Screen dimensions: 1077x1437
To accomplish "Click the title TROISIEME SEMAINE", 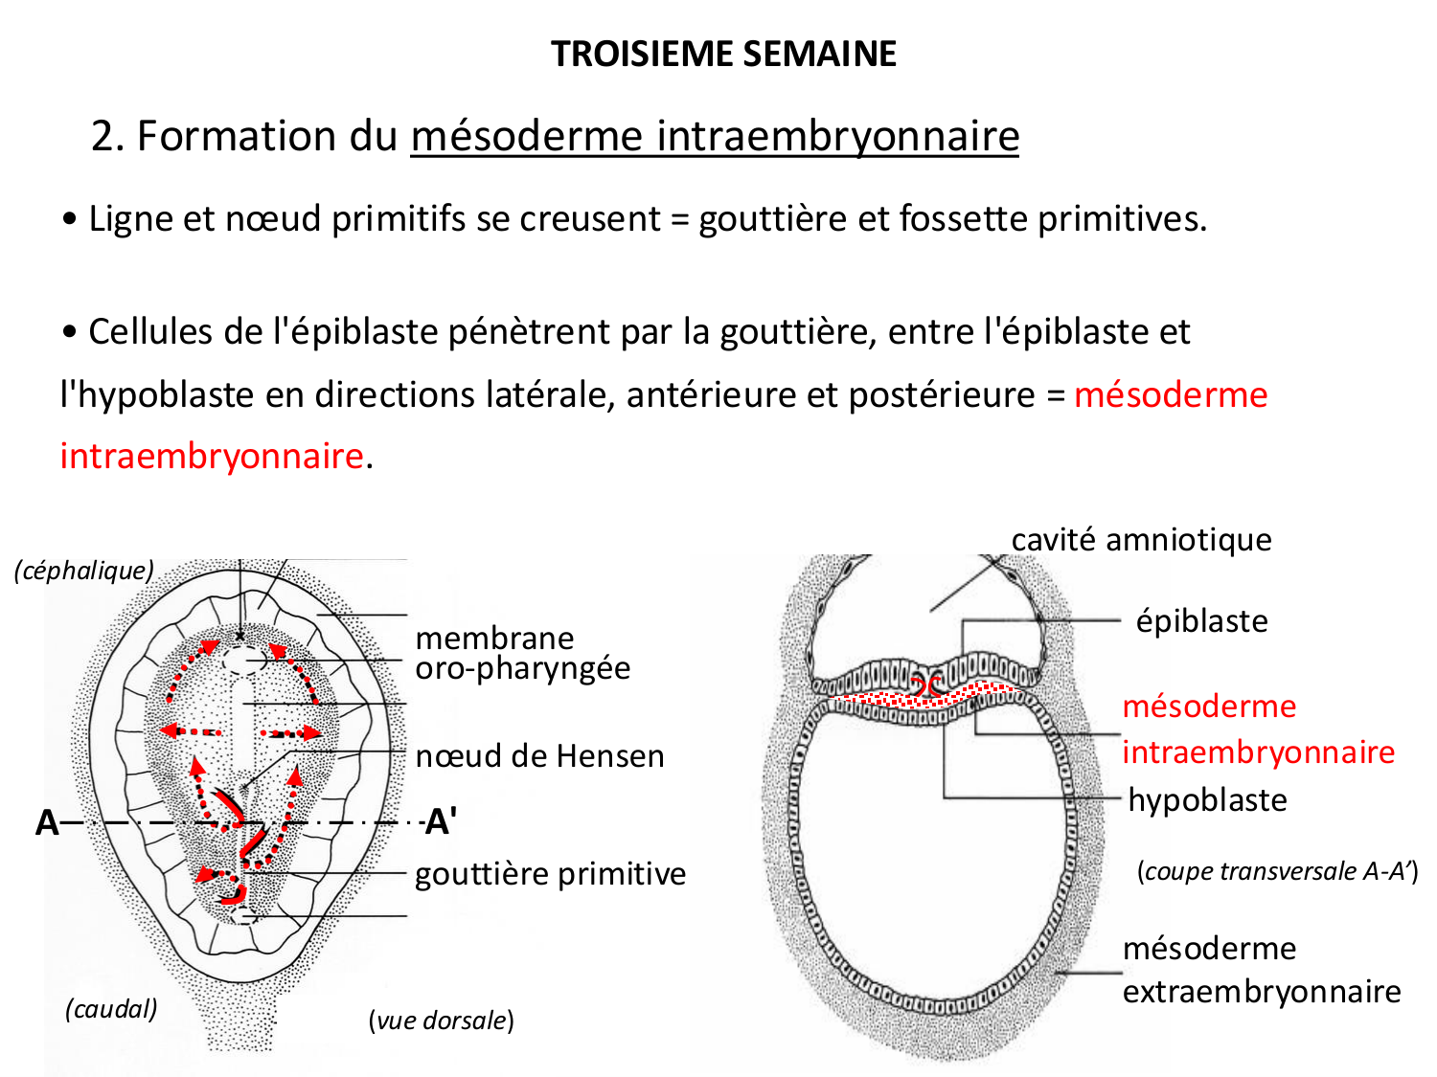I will pos(723,54).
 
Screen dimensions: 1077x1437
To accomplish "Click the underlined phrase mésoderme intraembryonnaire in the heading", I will pos(715,136).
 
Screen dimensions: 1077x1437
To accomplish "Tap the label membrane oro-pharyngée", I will pos(522,653).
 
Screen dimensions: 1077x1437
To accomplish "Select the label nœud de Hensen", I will pos(539,756).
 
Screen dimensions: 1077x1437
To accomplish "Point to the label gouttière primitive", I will pos(550,874).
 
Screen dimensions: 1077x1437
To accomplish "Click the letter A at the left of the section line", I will pos(47,822).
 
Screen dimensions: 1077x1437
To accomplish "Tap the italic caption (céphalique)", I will pos(84,571).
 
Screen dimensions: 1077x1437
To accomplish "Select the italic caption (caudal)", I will pos(111,1009).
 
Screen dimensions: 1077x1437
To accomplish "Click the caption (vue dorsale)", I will pos(442,1021).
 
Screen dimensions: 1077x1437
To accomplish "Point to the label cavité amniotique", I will pos(1141,540).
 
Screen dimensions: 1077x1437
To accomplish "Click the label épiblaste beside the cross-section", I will pos(1201,621).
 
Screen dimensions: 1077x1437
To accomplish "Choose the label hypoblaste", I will pos(1207,799).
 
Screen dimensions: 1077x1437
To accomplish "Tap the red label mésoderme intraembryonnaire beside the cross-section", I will pos(1258,729).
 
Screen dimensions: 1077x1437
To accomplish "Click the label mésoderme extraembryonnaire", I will pos(1262,970).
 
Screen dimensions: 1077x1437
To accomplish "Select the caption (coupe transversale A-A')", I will pos(1277,871).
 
